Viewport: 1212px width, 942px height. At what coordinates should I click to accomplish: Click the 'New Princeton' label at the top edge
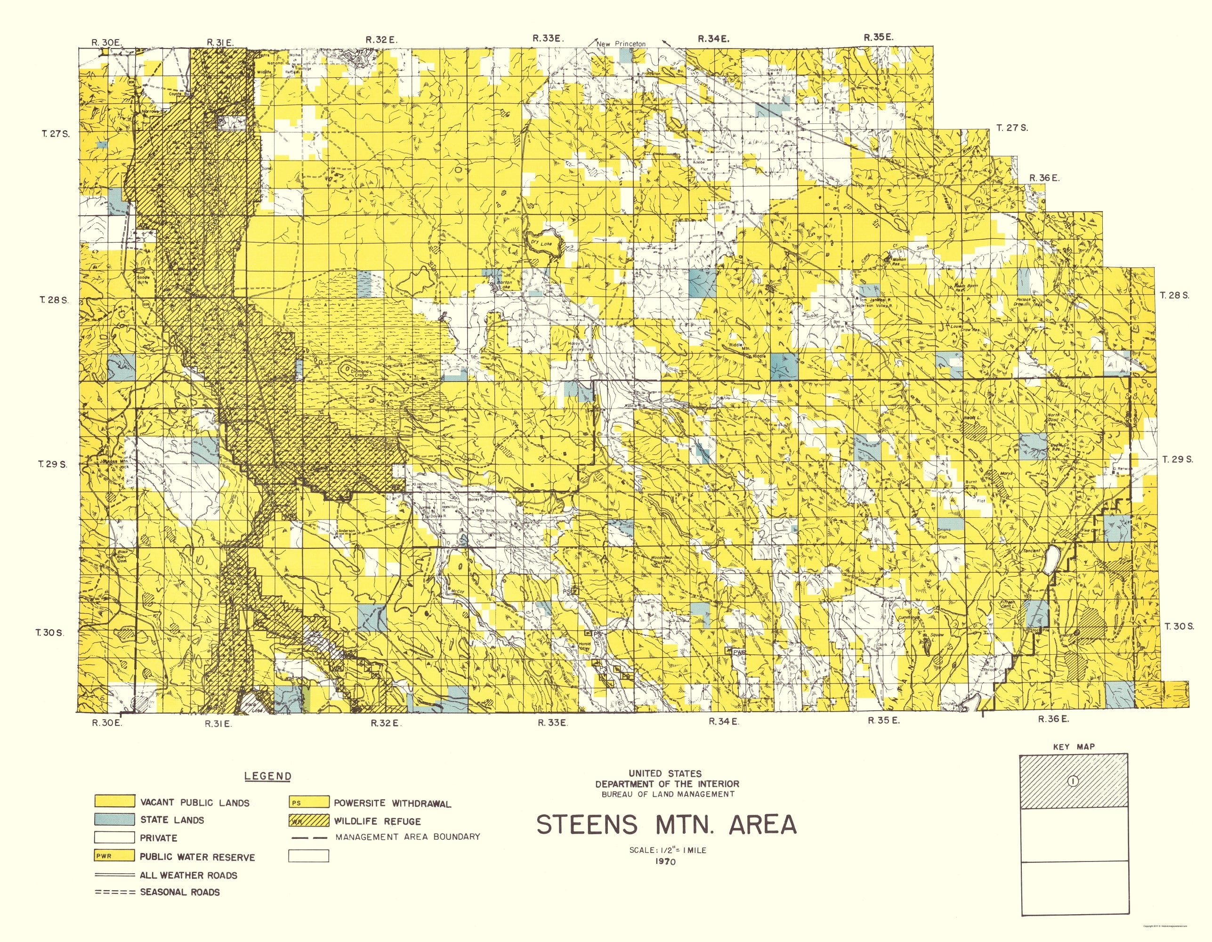pos(621,44)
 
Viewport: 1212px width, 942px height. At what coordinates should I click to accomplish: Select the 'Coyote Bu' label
pos(179,94)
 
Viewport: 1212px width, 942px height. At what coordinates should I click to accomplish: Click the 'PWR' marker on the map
pos(739,653)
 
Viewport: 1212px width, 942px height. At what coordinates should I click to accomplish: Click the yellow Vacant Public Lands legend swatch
pos(114,801)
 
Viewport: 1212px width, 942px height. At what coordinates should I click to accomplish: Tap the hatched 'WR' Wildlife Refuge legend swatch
pos(308,820)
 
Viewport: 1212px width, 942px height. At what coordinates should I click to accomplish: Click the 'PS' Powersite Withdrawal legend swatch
pos(308,802)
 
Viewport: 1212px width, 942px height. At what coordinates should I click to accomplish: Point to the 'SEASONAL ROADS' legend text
pos(180,892)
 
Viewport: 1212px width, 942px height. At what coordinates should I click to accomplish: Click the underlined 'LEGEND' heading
pos(267,776)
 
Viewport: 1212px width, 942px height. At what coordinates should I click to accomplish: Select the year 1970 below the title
pos(664,862)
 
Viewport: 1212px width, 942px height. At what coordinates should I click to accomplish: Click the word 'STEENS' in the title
pos(587,825)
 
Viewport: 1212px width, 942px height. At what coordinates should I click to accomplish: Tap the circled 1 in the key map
pos(1073,781)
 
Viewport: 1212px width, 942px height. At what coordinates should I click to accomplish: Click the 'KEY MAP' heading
pos(1073,747)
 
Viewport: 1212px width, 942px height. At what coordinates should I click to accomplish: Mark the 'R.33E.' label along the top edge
pos(548,38)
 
